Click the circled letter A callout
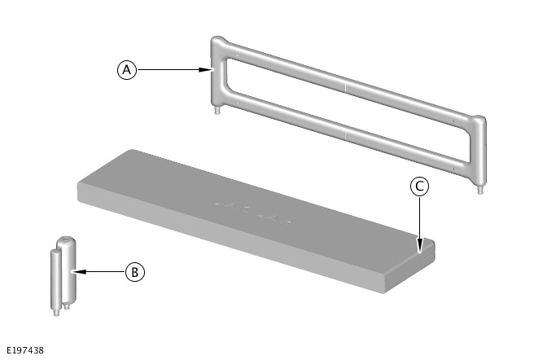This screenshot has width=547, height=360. click(127, 70)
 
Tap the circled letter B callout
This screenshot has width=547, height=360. click(135, 272)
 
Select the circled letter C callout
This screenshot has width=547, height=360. click(419, 187)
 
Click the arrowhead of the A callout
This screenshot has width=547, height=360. click(206, 69)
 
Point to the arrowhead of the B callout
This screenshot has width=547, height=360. click(79, 271)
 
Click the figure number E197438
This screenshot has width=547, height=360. click(25, 350)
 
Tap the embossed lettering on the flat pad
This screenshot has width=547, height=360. click(252, 212)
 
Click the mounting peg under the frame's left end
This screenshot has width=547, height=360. click(217, 111)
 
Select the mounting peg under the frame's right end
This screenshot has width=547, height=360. click(480, 190)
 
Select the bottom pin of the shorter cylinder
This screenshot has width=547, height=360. click(56, 313)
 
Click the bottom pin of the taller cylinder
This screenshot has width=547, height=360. click(67, 306)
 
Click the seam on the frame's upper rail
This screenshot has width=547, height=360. click(346, 86)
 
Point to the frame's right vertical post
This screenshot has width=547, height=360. click(478, 151)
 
